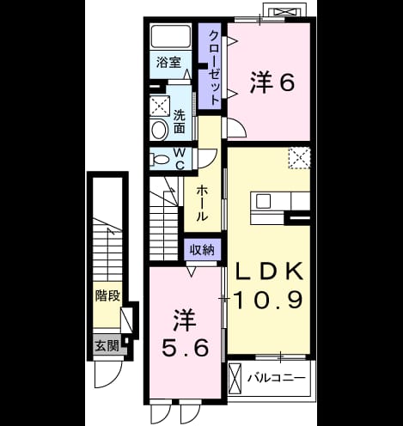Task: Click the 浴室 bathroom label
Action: pyautogui.click(x=168, y=63)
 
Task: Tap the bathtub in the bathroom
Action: pyautogui.click(x=171, y=36)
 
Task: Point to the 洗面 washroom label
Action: pyautogui.click(x=180, y=122)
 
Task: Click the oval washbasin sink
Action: pyautogui.click(x=159, y=130)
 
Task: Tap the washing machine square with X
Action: pyautogui.click(x=160, y=106)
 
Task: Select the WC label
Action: pyautogui.click(x=180, y=160)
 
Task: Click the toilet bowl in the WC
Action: pyautogui.click(x=159, y=159)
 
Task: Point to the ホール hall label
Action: pyautogui.click(x=202, y=203)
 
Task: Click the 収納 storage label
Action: pyautogui.click(x=202, y=250)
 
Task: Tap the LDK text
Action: pyautogui.click(x=269, y=271)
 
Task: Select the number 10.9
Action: pyautogui.click(x=268, y=299)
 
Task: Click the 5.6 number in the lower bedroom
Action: pyautogui.click(x=185, y=347)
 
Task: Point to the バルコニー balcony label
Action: pyautogui.click(x=277, y=379)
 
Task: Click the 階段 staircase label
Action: pyautogui.click(x=107, y=295)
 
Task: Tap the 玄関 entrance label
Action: pyautogui.click(x=107, y=345)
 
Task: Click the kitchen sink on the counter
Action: pyautogui.click(x=263, y=201)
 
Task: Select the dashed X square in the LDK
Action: pyautogui.click(x=299, y=158)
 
